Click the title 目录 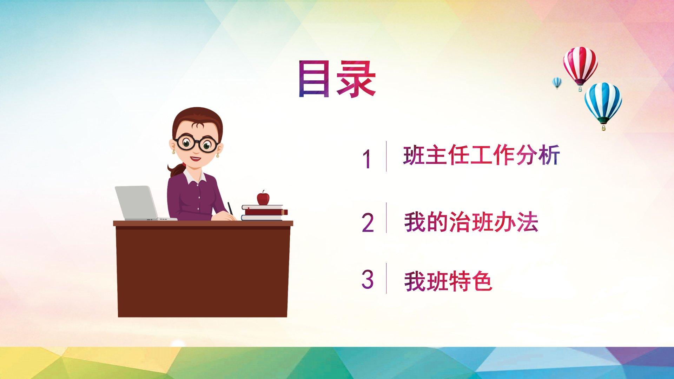tap(337, 79)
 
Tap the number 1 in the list tap(367, 159)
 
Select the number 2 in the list tap(368, 222)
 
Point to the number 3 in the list tap(368, 279)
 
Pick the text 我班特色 tap(448, 281)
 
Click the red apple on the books tap(263, 198)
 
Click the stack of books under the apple tap(264, 213)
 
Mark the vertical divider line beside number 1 tap(386, 156)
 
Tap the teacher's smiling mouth tap(196, 159)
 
